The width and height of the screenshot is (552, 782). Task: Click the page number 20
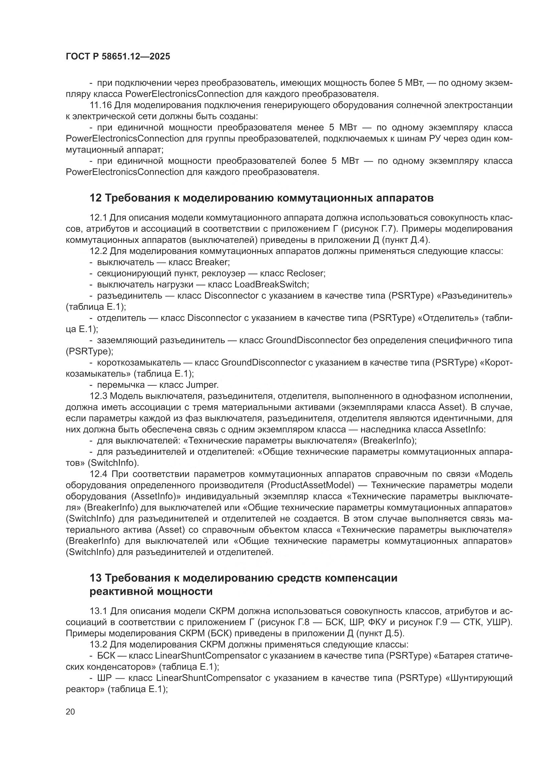click(70, 711)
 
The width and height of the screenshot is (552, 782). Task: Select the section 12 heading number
click(95, 198)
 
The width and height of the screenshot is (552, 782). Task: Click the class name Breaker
click(211, 262)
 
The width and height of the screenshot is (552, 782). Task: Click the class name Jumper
click(202, 385)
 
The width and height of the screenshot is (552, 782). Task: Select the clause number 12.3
click(98, 396)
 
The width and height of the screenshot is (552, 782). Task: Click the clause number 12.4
click(98, 474)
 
